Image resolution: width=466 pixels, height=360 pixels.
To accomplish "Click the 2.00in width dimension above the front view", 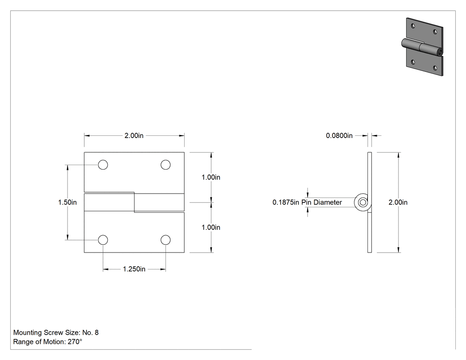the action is tap(134, 135).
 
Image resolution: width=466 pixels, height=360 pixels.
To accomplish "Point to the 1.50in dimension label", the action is tap(67, 202).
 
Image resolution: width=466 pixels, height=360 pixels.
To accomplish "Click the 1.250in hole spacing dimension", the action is tap(134, 269).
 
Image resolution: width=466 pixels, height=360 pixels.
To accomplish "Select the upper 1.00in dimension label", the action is tap(211, 177).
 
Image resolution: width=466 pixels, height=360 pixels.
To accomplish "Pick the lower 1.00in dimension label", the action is tap(211, 227).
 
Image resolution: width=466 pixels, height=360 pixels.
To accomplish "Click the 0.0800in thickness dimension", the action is tap(339, 135).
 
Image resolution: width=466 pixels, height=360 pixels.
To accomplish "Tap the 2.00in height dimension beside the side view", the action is tap(398, 202).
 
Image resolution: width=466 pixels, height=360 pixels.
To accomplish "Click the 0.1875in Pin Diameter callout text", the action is tap(307, 202).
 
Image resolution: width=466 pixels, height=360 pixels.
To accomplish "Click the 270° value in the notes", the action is tap(75, 341).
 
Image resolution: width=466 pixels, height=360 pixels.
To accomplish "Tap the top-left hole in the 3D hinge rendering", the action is tap(413, 26).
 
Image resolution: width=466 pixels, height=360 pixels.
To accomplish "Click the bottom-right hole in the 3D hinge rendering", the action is tap(435, 68).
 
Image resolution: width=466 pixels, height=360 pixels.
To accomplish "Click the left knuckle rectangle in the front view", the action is tap(109, 202).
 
